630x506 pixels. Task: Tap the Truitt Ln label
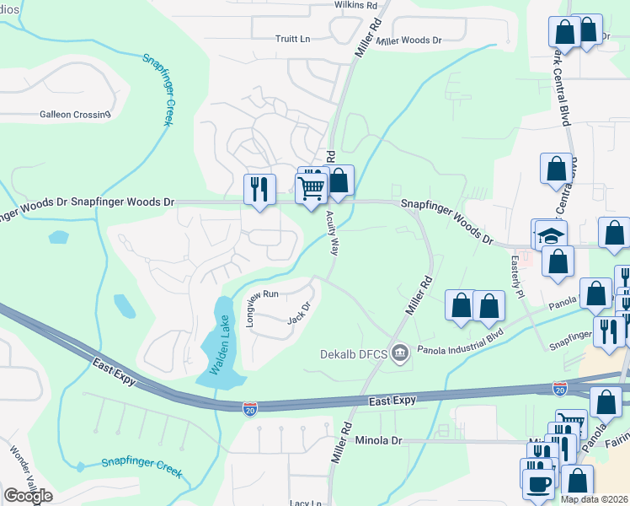[x=293, y=40]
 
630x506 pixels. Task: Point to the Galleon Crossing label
[x=75, y=115]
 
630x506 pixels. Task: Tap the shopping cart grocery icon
[x=311, y=188]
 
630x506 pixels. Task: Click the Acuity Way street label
[x=334, y=234]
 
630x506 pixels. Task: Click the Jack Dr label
[x=300, y=312]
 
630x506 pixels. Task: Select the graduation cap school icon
[x=552, y=236]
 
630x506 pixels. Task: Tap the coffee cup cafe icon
[x=539, y=485]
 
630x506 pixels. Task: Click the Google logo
[x=29, y=496]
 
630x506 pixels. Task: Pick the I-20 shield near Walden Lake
[x=250, y=409]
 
